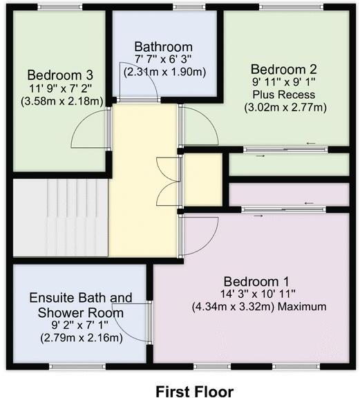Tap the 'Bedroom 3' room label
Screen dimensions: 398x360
pos(61,75)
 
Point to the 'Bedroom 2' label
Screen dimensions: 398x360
pos(283,69)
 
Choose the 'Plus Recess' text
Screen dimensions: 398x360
pos(283,95)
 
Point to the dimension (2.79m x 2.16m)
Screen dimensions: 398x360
pos(81,337)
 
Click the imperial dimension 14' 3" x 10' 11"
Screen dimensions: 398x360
pos(256,294)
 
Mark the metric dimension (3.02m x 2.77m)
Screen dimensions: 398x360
pos(283,107)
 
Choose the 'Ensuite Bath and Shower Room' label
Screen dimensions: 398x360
pos(81,305)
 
